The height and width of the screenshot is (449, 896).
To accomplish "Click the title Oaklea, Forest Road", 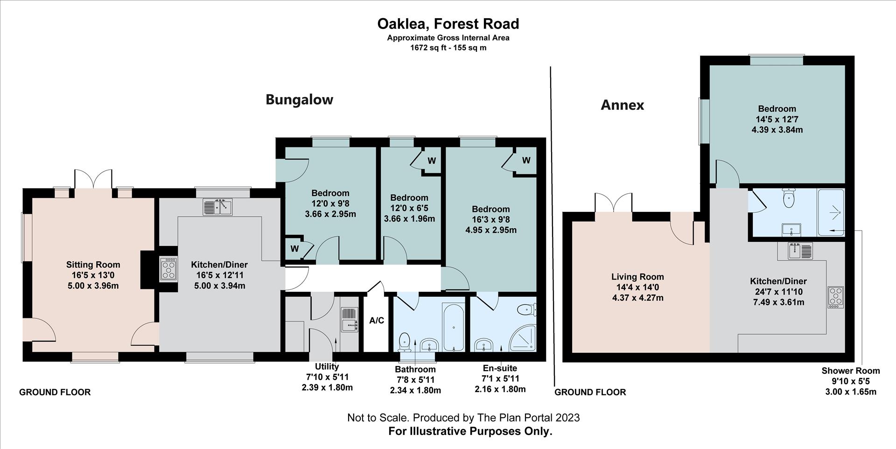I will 448,24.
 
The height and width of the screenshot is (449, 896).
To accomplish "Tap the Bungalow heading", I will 299,99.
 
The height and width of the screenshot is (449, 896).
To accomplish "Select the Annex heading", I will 622,105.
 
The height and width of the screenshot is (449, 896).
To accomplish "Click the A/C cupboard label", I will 376,321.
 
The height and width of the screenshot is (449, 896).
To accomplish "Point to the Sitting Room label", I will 93,265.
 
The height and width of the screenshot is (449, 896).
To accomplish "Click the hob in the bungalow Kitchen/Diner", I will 168,269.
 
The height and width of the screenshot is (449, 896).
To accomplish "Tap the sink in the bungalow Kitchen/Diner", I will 217,206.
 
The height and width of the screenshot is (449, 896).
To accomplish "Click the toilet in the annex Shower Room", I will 789,199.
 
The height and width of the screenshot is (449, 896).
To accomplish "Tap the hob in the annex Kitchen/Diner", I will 835,297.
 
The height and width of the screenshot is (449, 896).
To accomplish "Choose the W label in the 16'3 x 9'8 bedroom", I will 526,161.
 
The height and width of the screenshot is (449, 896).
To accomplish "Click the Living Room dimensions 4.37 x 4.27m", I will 637,298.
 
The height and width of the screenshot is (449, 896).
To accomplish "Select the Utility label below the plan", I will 327,367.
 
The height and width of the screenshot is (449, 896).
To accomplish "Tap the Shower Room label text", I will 850,371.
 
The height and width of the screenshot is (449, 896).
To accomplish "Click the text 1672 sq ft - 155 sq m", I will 448,48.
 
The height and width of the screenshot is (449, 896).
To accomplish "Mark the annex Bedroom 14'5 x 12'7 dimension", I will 777,119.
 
